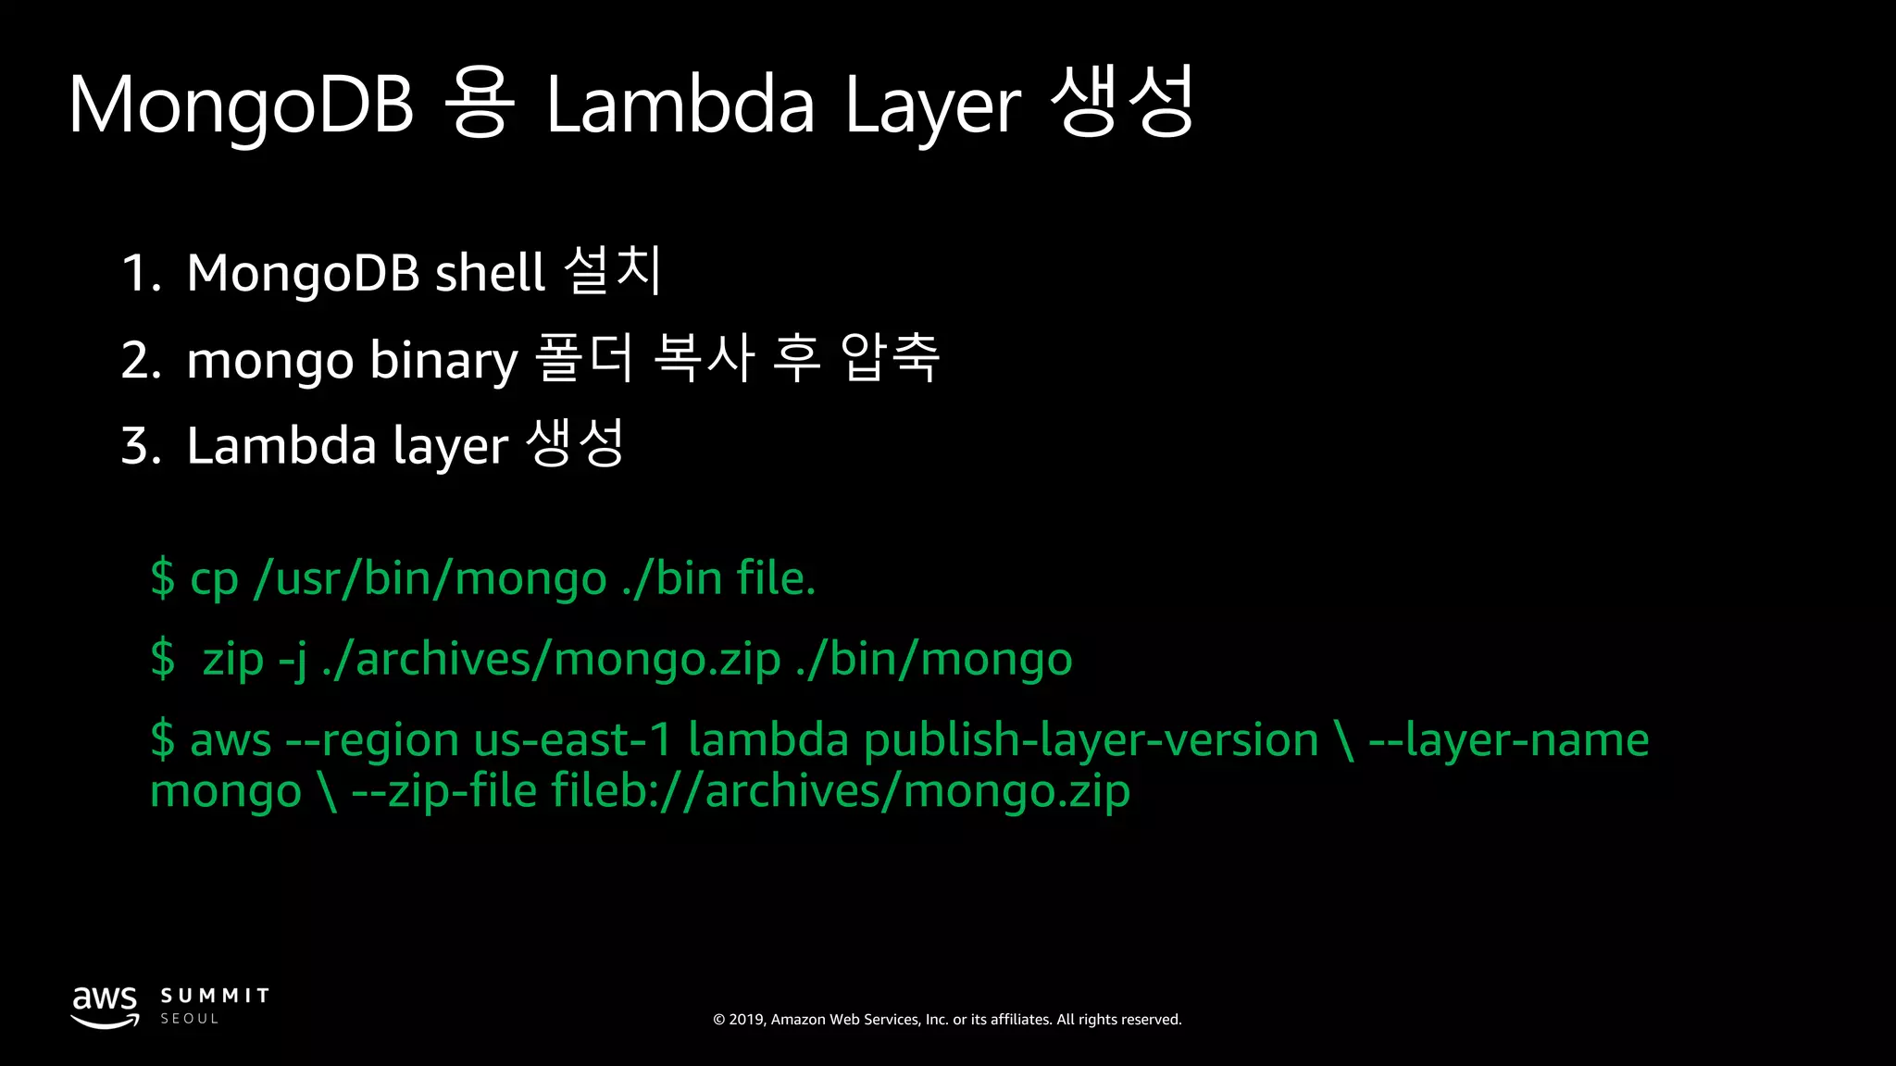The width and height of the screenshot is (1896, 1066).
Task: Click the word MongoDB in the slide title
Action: pos(241,105)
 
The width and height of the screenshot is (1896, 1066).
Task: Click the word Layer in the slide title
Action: pos(933,105)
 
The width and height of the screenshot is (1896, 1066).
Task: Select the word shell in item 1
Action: pos(490,273)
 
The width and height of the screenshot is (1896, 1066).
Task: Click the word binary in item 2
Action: pos(443,360)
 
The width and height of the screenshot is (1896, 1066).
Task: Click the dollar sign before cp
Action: pos(162,578)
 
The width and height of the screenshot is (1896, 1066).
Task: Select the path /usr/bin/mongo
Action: pos(430,578)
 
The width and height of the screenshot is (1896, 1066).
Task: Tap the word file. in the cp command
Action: pos(776,578)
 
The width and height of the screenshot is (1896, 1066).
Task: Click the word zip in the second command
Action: pos(233,660)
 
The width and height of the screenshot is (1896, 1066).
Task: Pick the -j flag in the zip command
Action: pos(293,660)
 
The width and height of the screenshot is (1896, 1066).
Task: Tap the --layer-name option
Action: pos(1509,740)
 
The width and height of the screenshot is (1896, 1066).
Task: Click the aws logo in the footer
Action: pos(106,1007)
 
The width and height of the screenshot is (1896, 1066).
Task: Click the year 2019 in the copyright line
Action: pos(746,1020)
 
